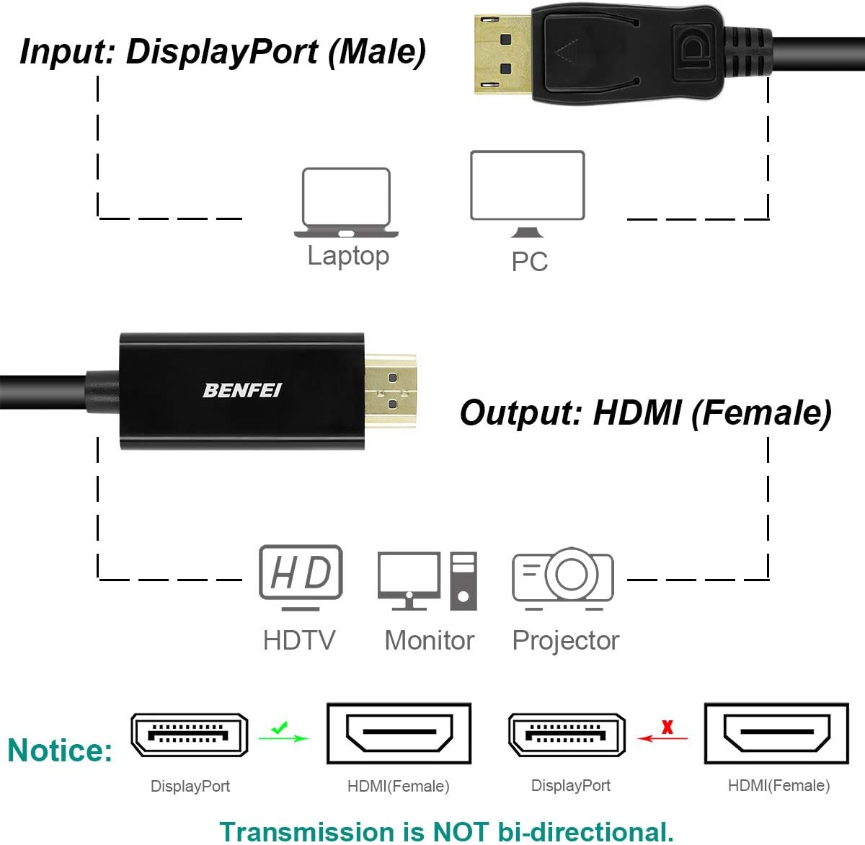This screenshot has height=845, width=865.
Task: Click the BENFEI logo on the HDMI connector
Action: [x=242, y=390]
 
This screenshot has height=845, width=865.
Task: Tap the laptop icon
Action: [x=346, y=203]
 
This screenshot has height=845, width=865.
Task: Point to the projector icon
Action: [x=563, y=578]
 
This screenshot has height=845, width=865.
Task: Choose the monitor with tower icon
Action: [x=427, y=580]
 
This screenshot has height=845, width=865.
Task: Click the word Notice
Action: [x=60, y=751]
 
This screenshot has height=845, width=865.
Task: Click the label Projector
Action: [x=565, y=640]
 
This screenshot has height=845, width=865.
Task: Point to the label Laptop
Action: [x=348, y=256]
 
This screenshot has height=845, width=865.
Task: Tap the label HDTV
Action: [x=299, y=640]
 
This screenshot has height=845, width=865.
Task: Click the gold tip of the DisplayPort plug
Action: [x=502, y=54]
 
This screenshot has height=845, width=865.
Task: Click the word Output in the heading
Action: [x=520, y=413]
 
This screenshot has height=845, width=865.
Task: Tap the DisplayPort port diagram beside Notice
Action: [x=190, y=735]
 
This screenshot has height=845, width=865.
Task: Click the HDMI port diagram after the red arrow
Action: [x=776, y=733]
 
